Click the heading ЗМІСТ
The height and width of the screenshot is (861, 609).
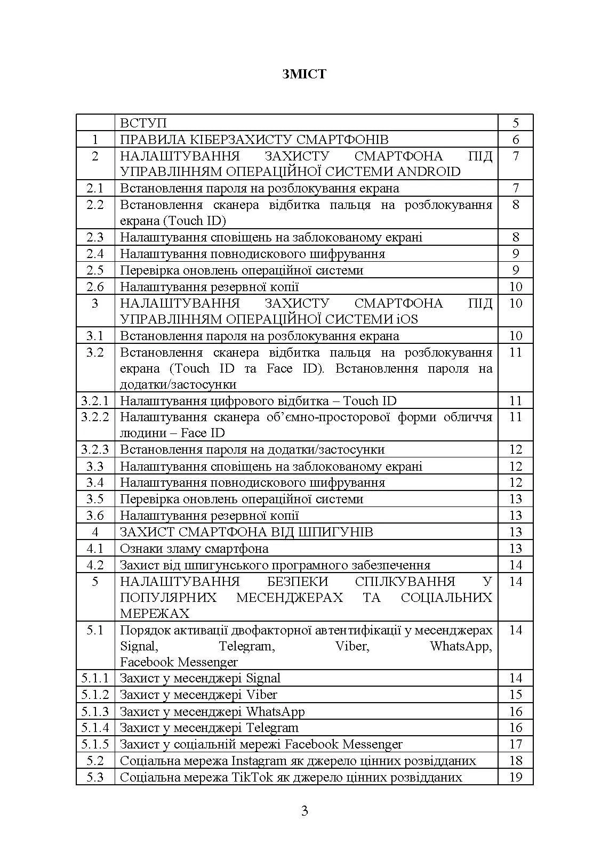pos(304,74)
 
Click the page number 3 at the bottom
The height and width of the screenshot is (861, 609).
pos(304,811)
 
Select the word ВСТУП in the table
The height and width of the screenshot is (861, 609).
pos(143,123)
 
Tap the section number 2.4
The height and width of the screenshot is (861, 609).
pos(95,254)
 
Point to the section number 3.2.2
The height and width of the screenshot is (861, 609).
pos(95,417)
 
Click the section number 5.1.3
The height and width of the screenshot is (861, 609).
pos(95,711)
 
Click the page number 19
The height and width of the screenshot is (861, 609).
pos(515,777)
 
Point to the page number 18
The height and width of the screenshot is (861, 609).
pos(515,761)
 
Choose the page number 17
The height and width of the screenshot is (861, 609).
pos(515,744)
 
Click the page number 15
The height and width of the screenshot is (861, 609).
pos(515,695)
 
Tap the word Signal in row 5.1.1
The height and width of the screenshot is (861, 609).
pos(263,678)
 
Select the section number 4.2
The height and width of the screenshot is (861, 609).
pos(95,565)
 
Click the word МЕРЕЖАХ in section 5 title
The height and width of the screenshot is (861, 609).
pos(155,614)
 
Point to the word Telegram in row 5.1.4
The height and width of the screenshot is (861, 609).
pos(272,728)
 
